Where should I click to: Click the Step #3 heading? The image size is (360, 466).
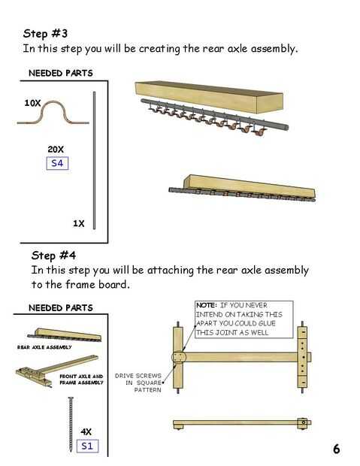45,33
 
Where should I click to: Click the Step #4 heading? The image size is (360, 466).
53,256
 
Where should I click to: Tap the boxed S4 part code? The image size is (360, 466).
57,163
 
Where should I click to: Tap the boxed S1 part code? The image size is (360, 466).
87,446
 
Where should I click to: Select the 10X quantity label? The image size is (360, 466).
32,103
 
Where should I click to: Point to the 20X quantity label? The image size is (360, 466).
56,149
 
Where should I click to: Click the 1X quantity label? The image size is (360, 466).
79,223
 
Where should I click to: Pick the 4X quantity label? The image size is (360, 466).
86,431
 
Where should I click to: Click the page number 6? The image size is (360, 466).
336,449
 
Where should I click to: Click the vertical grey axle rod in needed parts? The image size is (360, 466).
94,161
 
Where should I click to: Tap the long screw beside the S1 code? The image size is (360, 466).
71,425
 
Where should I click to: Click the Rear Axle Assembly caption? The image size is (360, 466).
44,347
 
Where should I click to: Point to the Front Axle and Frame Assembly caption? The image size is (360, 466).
81,380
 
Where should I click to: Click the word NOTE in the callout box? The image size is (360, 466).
207,305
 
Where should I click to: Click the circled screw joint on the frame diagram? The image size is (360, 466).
179,358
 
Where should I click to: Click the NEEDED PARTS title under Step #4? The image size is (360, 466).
61,308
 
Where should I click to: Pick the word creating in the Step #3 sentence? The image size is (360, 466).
159,49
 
